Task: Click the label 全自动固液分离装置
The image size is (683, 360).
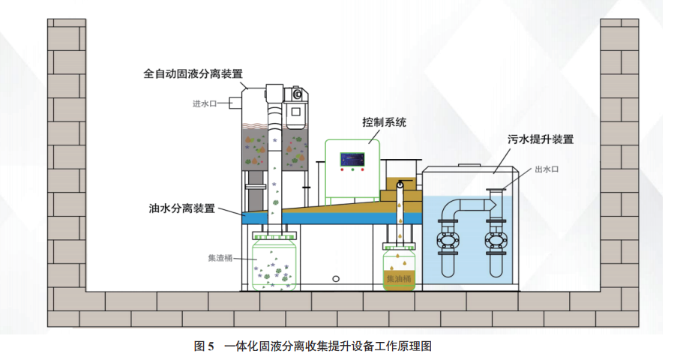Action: click(193, 73)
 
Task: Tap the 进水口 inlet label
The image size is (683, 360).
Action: click(204, 104)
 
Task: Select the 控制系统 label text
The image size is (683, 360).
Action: click(384, 122)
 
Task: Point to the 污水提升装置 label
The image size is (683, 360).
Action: click(541, 139)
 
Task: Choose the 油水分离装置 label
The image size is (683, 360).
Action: click(182, 208)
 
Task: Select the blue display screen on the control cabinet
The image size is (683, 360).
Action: click(352, 160)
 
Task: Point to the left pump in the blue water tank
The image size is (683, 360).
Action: click(449, 240)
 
